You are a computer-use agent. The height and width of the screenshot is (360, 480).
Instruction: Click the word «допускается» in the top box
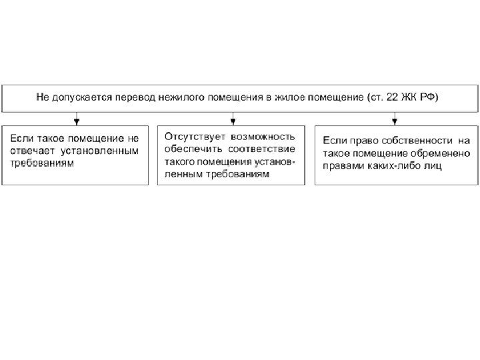coord(79,98)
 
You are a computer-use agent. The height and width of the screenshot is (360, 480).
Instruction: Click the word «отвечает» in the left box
coord(29,151)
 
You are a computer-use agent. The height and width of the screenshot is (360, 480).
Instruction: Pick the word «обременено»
coord(440,153)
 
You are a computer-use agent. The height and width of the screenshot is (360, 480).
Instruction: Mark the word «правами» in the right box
coord(341,166)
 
